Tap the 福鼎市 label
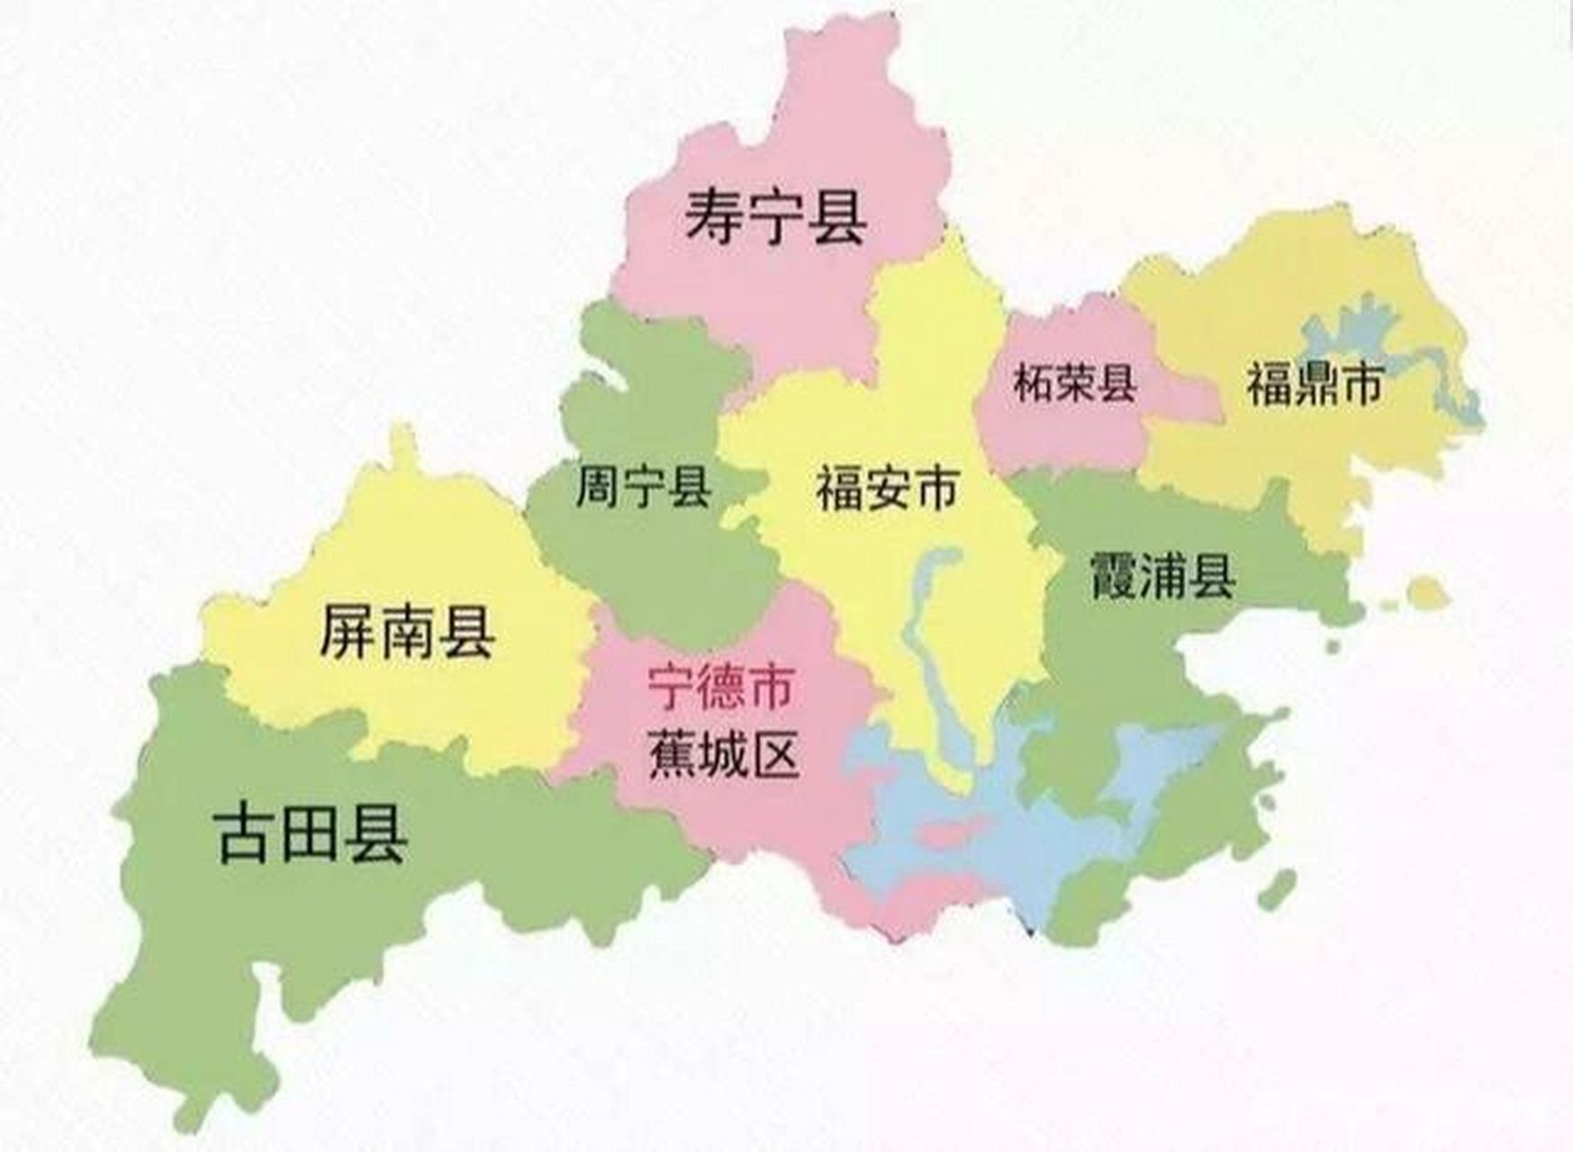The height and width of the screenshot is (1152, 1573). point(1314,385)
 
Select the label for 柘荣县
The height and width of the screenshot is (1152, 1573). point(1074,383)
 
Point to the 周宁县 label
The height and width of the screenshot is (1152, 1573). point(643,487)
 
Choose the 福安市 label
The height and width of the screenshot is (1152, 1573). point(887,490)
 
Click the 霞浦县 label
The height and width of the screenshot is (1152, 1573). point(1162,576)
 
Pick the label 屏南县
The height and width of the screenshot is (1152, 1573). point(407,633)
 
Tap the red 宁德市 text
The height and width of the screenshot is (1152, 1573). point(720,687)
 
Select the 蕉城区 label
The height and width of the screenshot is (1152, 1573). point(724,754)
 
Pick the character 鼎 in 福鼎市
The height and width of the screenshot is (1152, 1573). point(1314,385)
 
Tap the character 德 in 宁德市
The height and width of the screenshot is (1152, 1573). point(720,687)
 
